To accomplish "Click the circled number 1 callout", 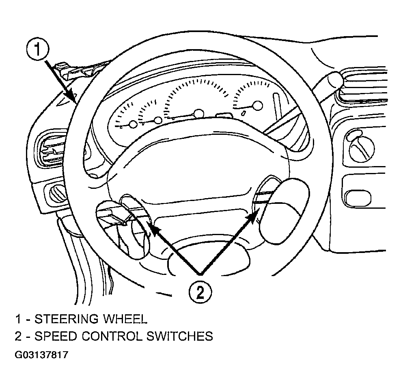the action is click(x=37, y=50).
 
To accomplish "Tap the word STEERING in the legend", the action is click(x=66, y=319).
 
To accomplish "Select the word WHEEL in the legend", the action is click(x=125, y=319).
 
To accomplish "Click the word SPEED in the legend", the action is click(x=56, y=336).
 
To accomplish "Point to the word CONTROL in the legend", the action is click(x=112, y=336).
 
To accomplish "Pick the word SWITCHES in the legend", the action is click(x=180, y=336).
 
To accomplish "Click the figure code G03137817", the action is click(x=42, y=355).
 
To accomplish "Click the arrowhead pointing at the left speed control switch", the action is click(x=154, y=229).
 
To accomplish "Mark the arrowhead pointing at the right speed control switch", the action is click(x=254, y=215).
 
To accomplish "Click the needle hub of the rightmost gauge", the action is click(x=258, y=105).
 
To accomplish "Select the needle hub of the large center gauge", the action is click(x=198, y=114).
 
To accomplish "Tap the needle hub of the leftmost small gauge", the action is click(x=133, y=124).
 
